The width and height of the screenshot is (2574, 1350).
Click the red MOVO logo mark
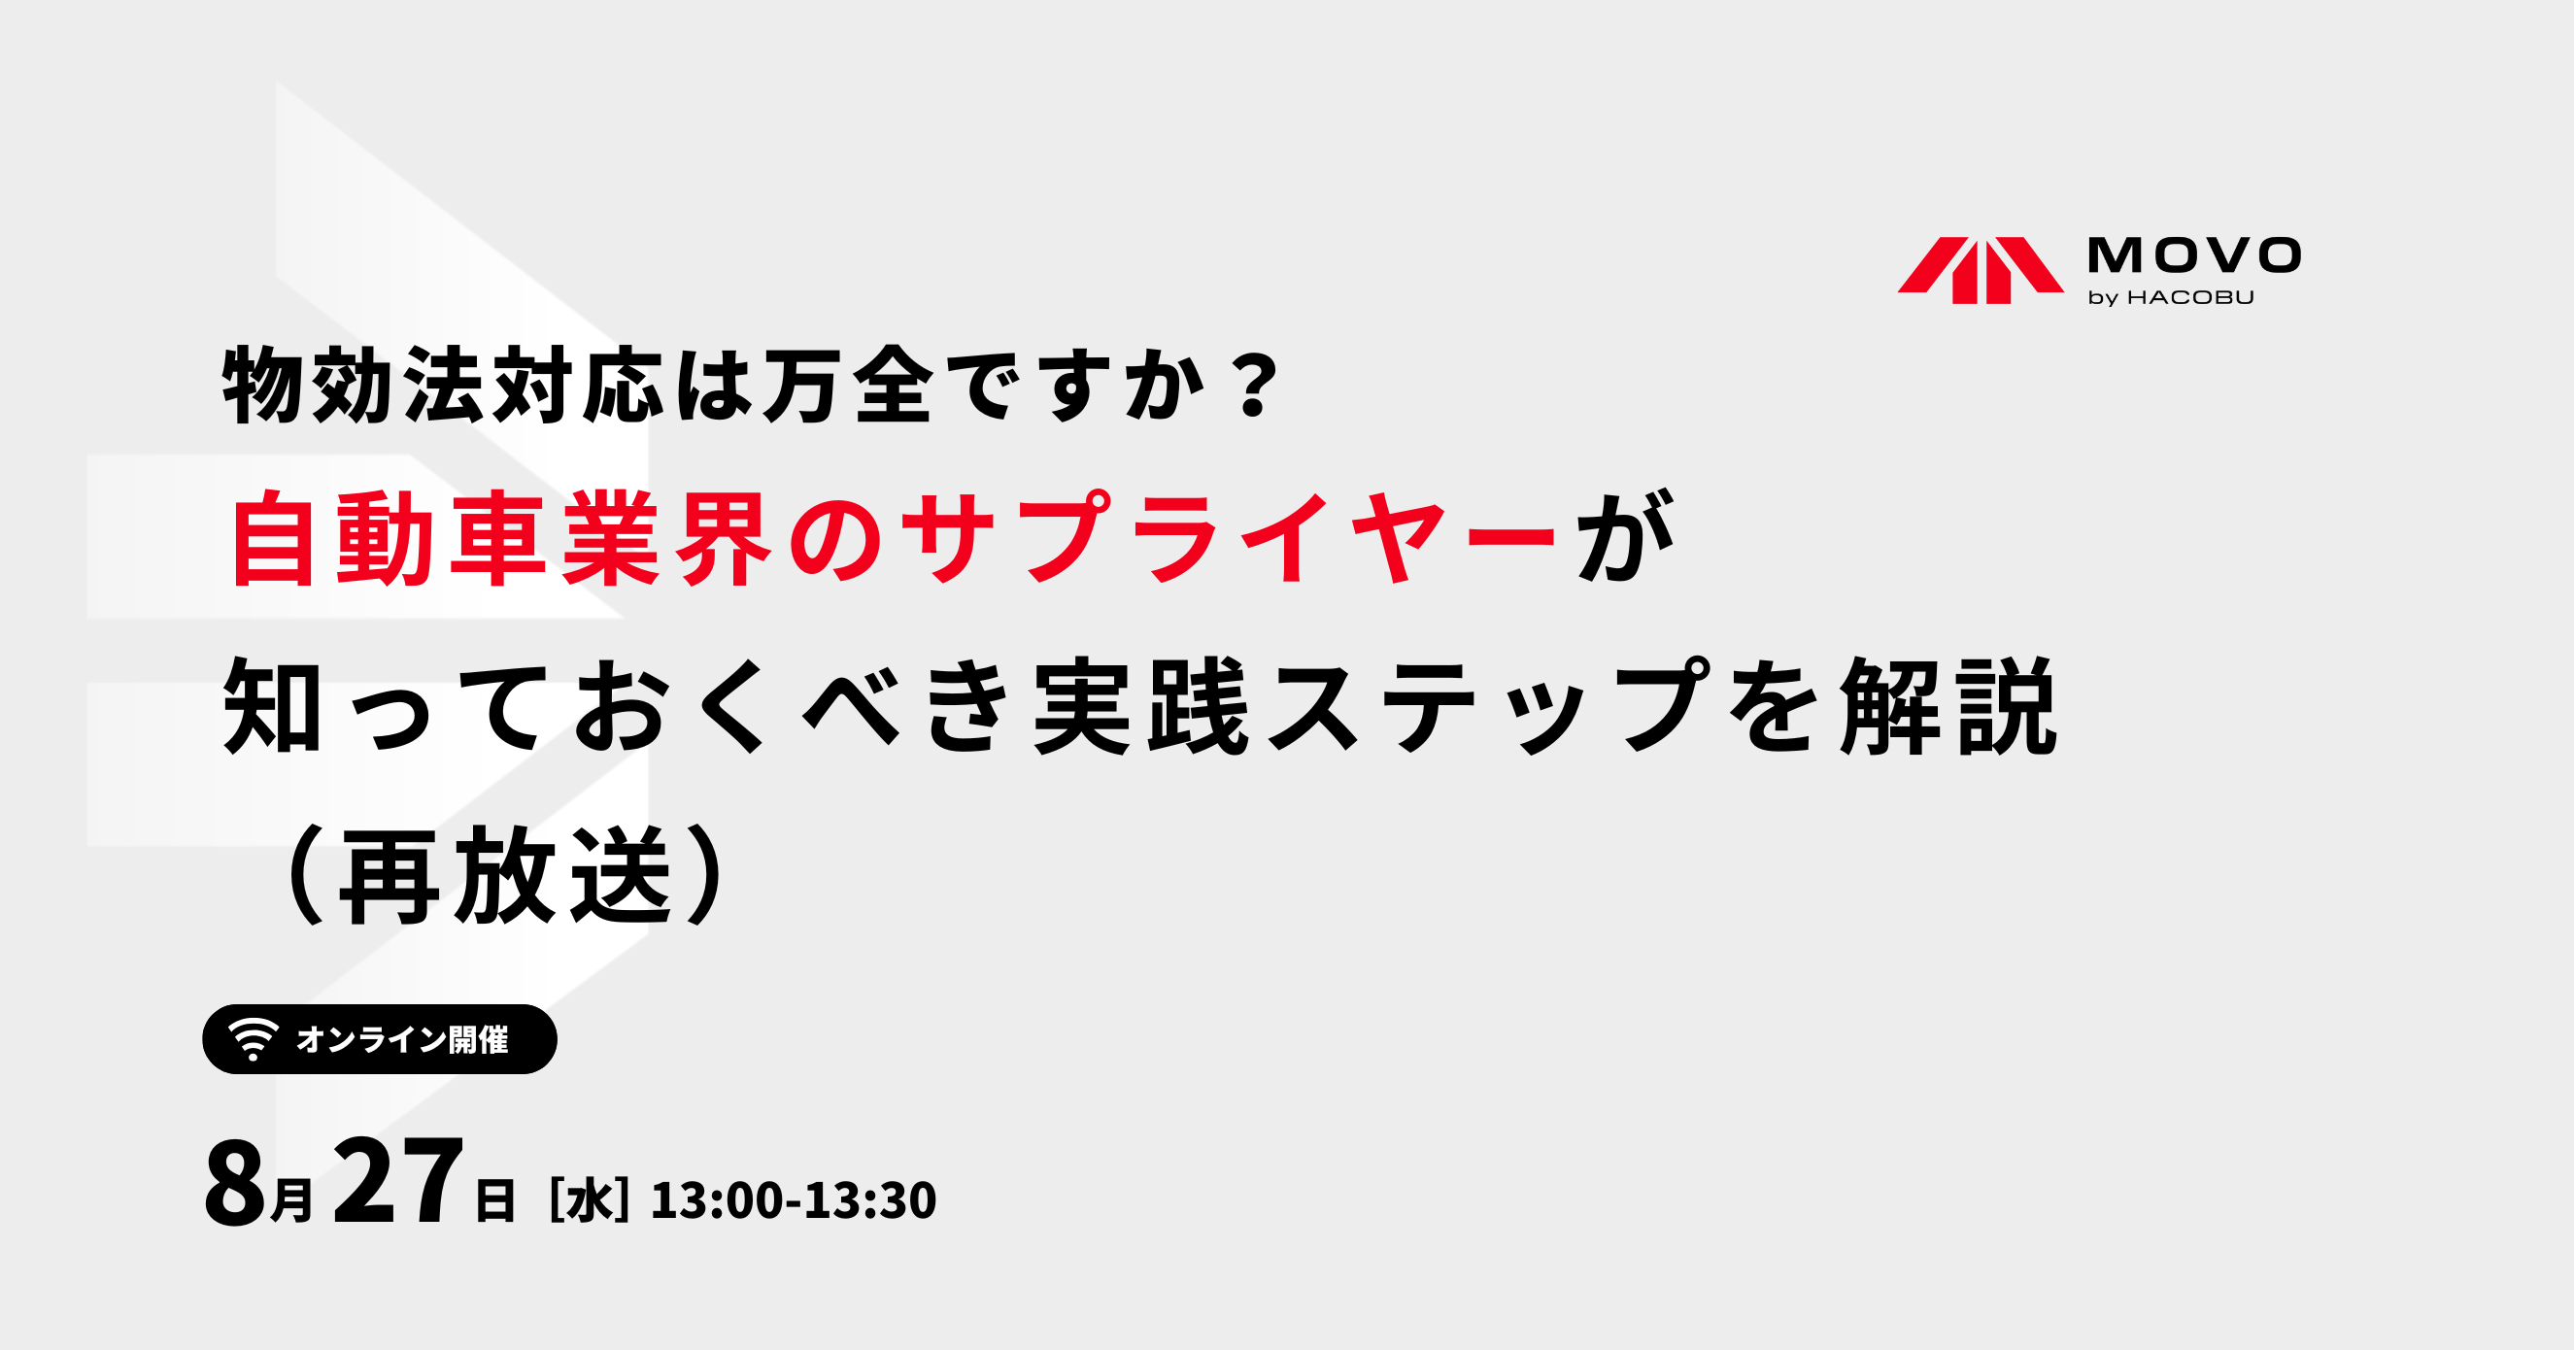point(1981,270)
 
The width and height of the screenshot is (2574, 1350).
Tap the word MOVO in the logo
point(2194,254)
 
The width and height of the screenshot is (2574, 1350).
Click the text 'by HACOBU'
point(2170,298)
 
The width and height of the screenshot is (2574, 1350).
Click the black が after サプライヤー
point(1625,538)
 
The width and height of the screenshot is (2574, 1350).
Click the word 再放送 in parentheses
point(505,875)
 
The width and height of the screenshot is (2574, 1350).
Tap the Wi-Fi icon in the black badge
point(253,1039)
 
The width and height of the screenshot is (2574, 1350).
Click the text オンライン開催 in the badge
point(403,1039)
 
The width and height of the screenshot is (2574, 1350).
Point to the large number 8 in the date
point(236,1183)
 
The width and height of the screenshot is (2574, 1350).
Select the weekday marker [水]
point(590,1199)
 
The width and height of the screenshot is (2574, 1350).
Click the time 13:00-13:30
point(794,1200)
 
